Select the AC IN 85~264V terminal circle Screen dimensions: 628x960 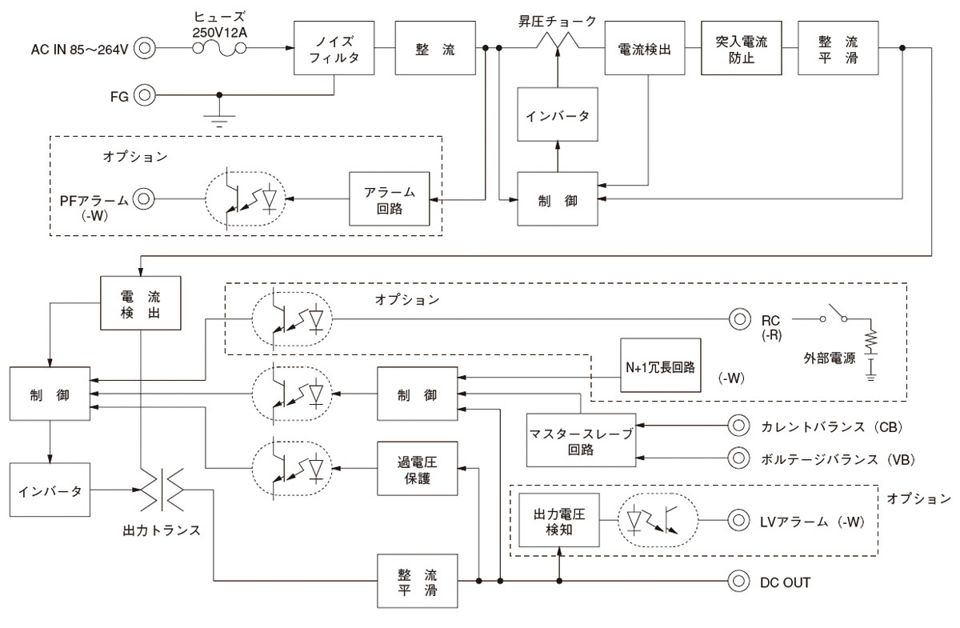(144, 49)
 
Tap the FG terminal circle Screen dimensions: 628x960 (144, 95)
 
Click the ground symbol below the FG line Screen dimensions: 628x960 (217, 120)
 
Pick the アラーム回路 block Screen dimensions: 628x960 (389, 198)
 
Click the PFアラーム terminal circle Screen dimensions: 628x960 (144, 198)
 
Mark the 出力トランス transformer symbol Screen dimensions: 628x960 (162, 490)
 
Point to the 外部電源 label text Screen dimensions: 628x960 (827, 358)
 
